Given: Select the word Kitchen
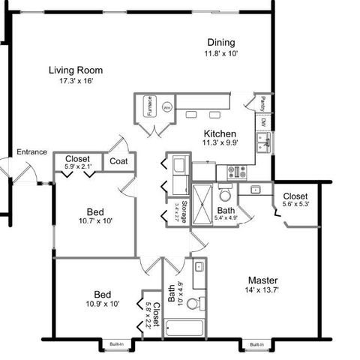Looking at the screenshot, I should (221, 135).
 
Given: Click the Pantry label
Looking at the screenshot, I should (263, 103).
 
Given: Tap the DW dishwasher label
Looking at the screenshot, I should (263, 121).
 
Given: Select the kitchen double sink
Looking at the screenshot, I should (263, 139).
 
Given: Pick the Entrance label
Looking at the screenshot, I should (33, 152).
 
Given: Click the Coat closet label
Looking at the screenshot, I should (118, 160).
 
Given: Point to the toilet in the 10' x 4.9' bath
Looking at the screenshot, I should (194, 304).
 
